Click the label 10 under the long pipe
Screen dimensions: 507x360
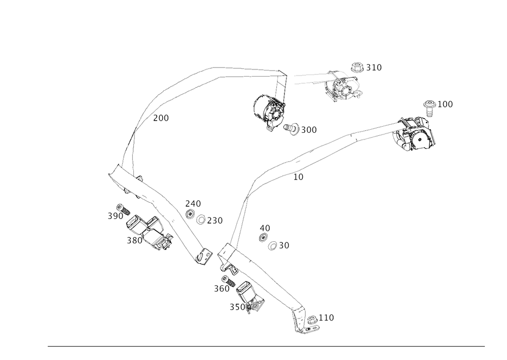299,177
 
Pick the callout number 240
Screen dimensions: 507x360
193,203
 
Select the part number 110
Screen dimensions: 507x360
327,318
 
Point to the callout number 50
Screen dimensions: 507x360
283,245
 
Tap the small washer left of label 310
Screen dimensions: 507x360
358,66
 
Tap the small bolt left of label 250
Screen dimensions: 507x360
201,221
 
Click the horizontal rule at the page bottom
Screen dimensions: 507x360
266,347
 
